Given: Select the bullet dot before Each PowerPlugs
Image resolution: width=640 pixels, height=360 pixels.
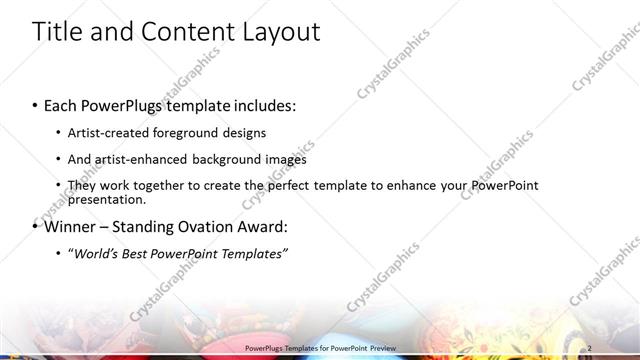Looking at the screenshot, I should pyautogui.click(x=36, y=106).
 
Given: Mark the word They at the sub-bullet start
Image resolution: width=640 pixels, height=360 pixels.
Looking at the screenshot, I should pyautogui.click(x=82, y=185).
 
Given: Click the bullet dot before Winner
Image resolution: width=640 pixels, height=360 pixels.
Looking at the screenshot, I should pyautogui.click(x=36, y=227).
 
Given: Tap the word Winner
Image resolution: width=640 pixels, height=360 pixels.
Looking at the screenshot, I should pyautogui.click(x=71, y=226).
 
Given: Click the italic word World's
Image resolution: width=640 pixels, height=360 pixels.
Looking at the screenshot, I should pyautogui.click(x=95, y=253).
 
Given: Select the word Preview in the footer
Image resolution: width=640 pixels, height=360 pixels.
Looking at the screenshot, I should pyautogui.click(x=381, y=347).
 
